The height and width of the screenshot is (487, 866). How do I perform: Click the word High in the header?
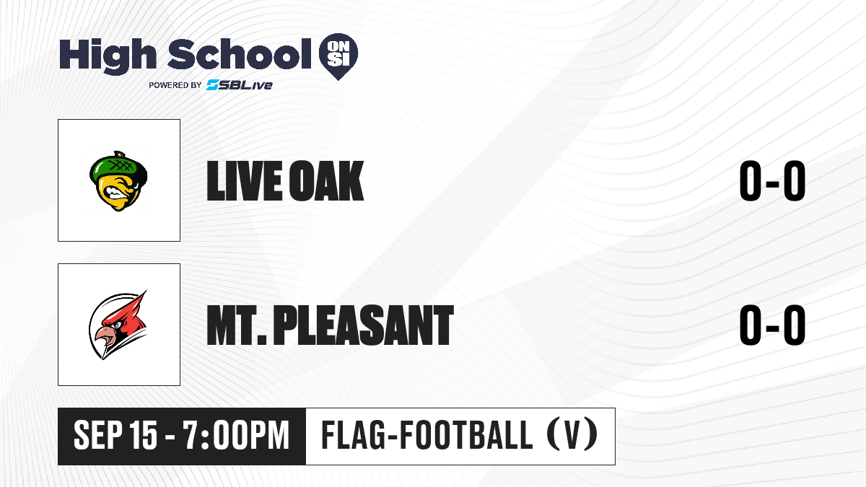tap(108, 56)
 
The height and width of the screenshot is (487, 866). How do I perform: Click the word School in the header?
tap(240, 53)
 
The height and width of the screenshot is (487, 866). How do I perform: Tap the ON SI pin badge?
tap(338, 56)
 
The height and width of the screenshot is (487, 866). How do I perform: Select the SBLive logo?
tap(239, 84)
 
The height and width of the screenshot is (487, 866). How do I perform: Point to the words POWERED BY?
tap(175, 85)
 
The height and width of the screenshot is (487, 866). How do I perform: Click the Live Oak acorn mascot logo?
tap(118, 181)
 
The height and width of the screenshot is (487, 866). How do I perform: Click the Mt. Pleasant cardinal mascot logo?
tap(118, 325)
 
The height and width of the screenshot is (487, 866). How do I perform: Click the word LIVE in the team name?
tap(245, 181)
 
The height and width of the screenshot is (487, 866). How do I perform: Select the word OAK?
tap(327, 181)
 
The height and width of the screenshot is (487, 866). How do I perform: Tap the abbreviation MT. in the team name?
tap(237, 325)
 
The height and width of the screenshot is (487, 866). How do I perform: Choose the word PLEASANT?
tap(364, 325)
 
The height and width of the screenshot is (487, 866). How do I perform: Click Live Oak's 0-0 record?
tap(772, 181)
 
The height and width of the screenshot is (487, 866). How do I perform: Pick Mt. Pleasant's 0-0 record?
tap(772, 325)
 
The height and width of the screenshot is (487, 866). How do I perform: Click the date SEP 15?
tap(115, 435)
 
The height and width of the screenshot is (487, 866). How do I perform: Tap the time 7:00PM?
tap(236, 435)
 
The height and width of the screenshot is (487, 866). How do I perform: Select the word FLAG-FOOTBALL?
tap(427, 435)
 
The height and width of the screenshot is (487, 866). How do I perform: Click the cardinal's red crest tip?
tap(146, 291)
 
